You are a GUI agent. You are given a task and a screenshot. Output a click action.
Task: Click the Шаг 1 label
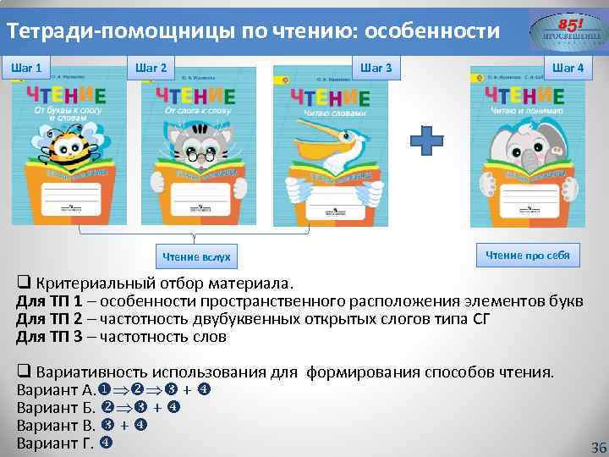coord(27,67)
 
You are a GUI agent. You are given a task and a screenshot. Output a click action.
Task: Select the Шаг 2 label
coord(151,67)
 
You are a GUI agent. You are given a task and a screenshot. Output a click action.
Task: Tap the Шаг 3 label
coord(376,67)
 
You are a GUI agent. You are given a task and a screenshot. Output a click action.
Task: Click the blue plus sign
coord(431,140)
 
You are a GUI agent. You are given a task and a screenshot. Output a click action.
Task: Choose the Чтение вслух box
coord(196,256)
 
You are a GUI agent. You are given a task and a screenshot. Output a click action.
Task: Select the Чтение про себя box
coord(527,255)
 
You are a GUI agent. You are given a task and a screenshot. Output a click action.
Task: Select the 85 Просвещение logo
coord(568,33)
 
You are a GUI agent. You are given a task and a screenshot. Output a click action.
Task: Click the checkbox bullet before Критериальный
coord(23,283)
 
